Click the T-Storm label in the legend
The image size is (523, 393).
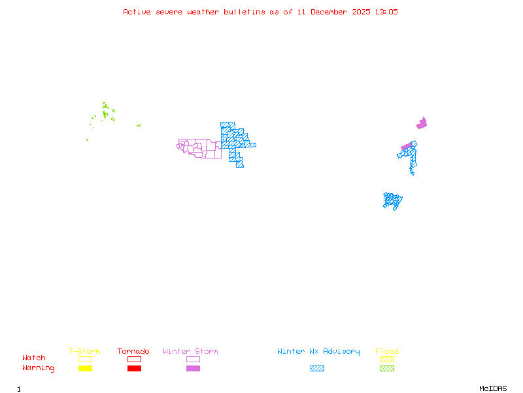click(84, 352)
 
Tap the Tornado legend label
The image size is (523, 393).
click(133, 352)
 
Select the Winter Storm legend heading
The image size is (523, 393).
click(190, 352)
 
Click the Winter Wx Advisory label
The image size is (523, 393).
click(318, 352)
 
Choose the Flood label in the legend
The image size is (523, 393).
click(387, 352)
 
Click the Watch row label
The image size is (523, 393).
click(34, 358)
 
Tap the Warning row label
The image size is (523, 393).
click(39, 368)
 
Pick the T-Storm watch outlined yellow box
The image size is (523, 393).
click(85, 359)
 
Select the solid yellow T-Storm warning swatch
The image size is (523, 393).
click(85, 369)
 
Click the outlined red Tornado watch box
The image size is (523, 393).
click(134, 359)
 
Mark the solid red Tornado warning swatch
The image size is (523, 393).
click(134, 369)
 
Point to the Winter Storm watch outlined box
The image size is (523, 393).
click(193, 359)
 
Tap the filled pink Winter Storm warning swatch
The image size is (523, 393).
click(193, 369)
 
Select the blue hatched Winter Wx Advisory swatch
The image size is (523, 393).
click(317, 369)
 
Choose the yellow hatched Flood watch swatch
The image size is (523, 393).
click(387, 359)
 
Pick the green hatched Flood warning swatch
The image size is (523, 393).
click(387, 369)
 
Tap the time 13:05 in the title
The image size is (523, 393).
click(386, 12)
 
